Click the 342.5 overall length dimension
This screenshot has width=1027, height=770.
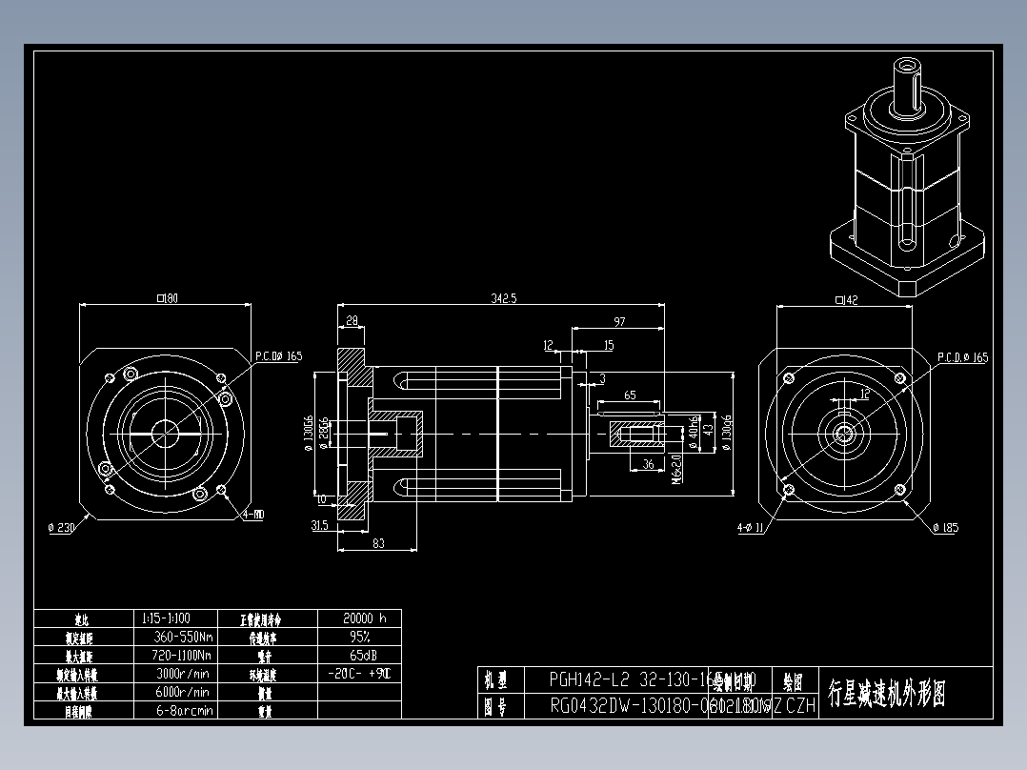click(504, 299)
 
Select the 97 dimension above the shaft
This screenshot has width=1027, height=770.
click(620, 323)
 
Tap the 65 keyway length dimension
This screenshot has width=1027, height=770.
click(630, 395)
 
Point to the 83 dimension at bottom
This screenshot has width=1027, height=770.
click(378, 543)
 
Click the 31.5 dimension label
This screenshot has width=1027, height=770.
click(319, 525)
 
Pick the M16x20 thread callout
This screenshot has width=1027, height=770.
click(677, 469)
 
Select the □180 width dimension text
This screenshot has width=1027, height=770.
click(167, 299)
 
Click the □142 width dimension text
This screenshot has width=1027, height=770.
click(845, 301)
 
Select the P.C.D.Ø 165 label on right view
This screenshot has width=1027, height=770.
click(962, 357)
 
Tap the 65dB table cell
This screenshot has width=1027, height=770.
click(358, 656)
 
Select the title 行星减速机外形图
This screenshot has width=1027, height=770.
click(887, 693)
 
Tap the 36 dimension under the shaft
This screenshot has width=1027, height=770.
click(648, 464)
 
